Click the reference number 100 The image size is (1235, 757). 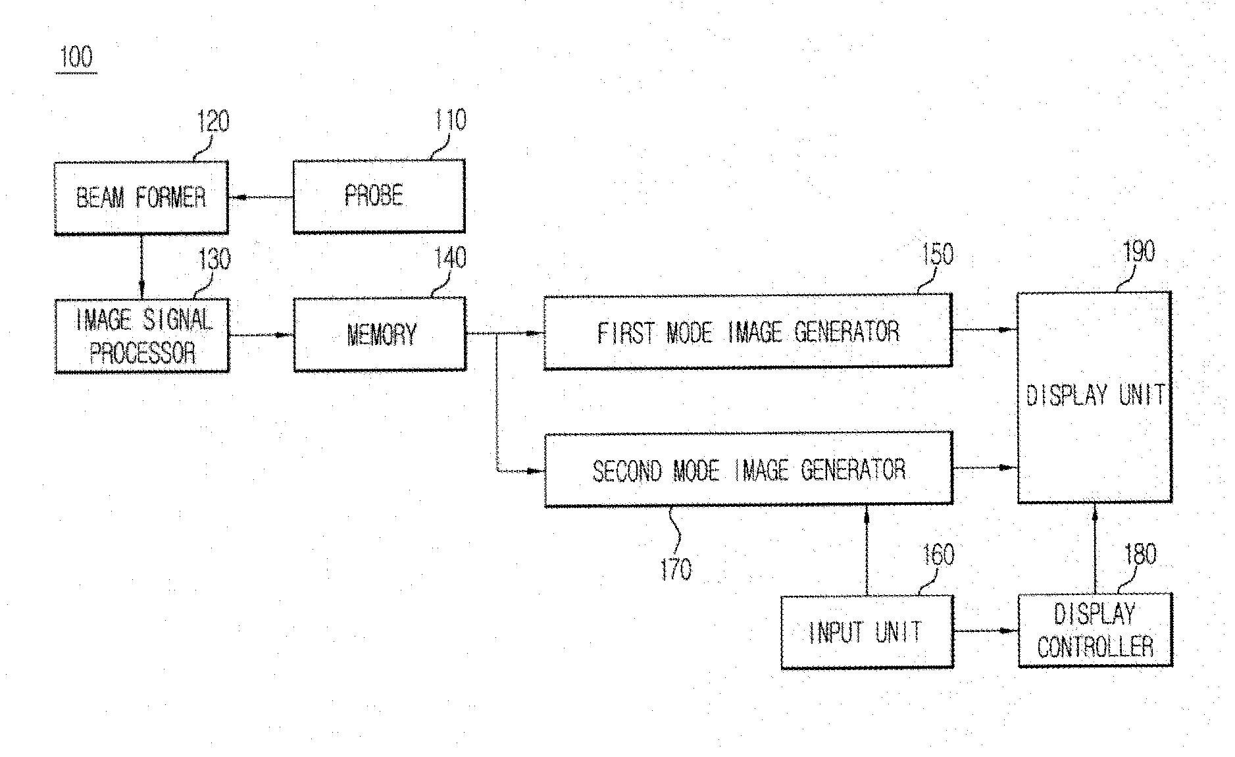coord(76,57)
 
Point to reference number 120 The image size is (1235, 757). coord(213,121)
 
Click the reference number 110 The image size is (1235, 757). coord(451,120)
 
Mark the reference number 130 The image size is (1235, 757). coord(214,259)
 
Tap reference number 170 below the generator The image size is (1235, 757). coord(676,569)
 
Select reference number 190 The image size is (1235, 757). coord(1138,251)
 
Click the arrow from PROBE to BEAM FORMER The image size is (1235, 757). coord(261,197)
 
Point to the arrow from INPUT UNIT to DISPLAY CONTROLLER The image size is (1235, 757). coord(986,631)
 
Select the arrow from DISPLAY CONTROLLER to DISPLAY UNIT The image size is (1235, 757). coord(1095,548)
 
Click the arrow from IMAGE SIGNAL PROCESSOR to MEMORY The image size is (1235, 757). coord(261,334)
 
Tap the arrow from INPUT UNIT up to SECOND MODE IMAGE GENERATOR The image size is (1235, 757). coord(867,550)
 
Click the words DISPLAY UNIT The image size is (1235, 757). coord(1096,395)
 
